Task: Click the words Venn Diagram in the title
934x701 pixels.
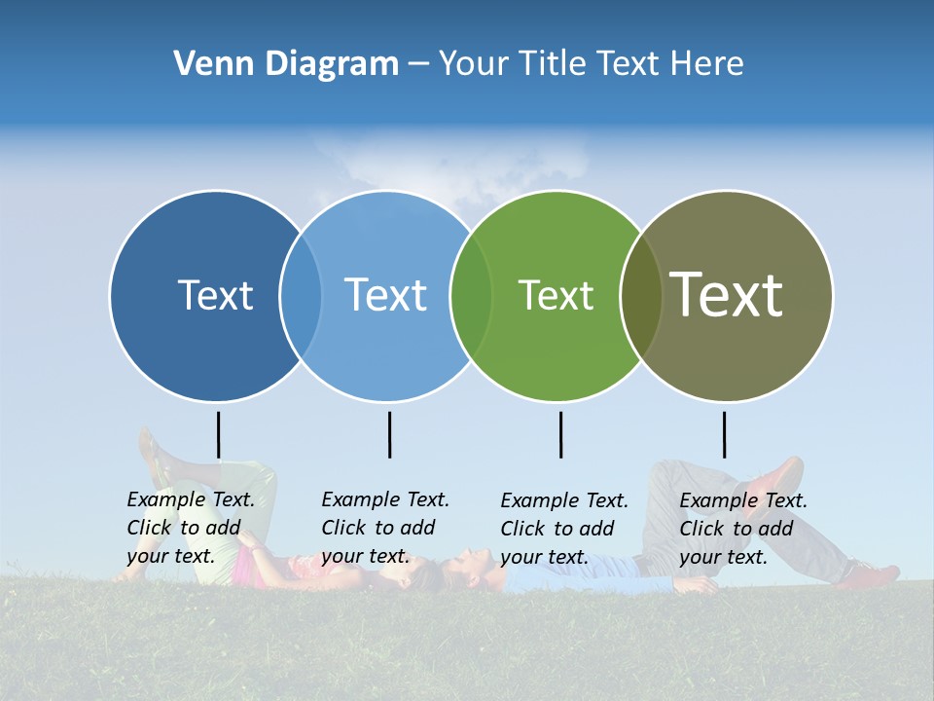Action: click(x=286, y=64)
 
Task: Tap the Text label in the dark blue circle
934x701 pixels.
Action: click(x=215, y=295)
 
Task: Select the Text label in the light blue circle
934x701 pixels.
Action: click(x=385, y=295)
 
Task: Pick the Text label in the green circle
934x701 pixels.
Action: click(x=556, y=295)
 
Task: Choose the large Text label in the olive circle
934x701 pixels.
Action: click(x=727, y=294)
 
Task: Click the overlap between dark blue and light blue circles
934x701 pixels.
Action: click(x=301, y=295)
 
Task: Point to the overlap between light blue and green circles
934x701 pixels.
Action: click(x=471, y=295)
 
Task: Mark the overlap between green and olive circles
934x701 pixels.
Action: click(x=640, y=295)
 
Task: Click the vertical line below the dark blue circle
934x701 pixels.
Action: click(x=218, y=434)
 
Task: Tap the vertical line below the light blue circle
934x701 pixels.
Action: click(x=389, y=434)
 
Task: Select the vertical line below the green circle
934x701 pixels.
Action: click(x=560, y=434)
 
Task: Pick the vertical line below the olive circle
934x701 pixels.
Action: click(x=724, y=434)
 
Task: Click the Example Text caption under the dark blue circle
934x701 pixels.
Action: click(x=191, y=528)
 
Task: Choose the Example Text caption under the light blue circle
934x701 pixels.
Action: click(x=385, y=528)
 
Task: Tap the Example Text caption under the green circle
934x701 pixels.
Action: click(x=564, y=529)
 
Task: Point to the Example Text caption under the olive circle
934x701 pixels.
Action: click(x=743, y=529)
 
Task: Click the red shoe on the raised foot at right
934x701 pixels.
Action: click(x=778, y=477)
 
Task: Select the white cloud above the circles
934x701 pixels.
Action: click(x=448, y=166)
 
